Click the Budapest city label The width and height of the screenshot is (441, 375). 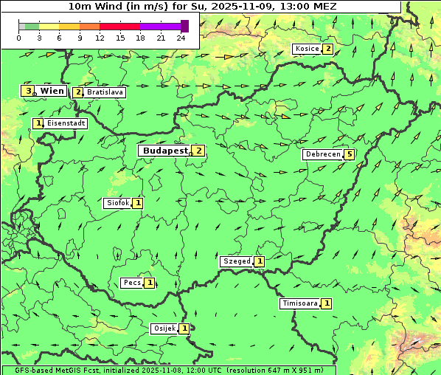pos(164,151)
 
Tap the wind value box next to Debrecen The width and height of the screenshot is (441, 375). pos(349,155)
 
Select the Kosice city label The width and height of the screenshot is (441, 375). pos(306,49)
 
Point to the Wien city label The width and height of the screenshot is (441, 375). pos(52,91)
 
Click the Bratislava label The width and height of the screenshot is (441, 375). pos(104,93)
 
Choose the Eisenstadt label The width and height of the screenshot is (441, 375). pos(66,124)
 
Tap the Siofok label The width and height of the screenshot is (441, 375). pos(117,203)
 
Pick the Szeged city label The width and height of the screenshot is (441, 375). pos(237,261)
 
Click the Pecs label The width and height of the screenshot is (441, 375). pos(132,283)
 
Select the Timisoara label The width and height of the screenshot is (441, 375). pos(299,303)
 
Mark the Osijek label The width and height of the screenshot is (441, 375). pos(164,328)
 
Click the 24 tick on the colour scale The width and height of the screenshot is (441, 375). pos(181,38)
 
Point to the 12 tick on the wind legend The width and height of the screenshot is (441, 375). pos(100,38)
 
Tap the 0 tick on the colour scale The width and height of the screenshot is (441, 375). pos(18,38)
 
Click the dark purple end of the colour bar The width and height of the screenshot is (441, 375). pos(184,26)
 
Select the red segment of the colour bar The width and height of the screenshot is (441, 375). pos(130,26)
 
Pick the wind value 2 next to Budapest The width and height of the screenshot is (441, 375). pos(198,151)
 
